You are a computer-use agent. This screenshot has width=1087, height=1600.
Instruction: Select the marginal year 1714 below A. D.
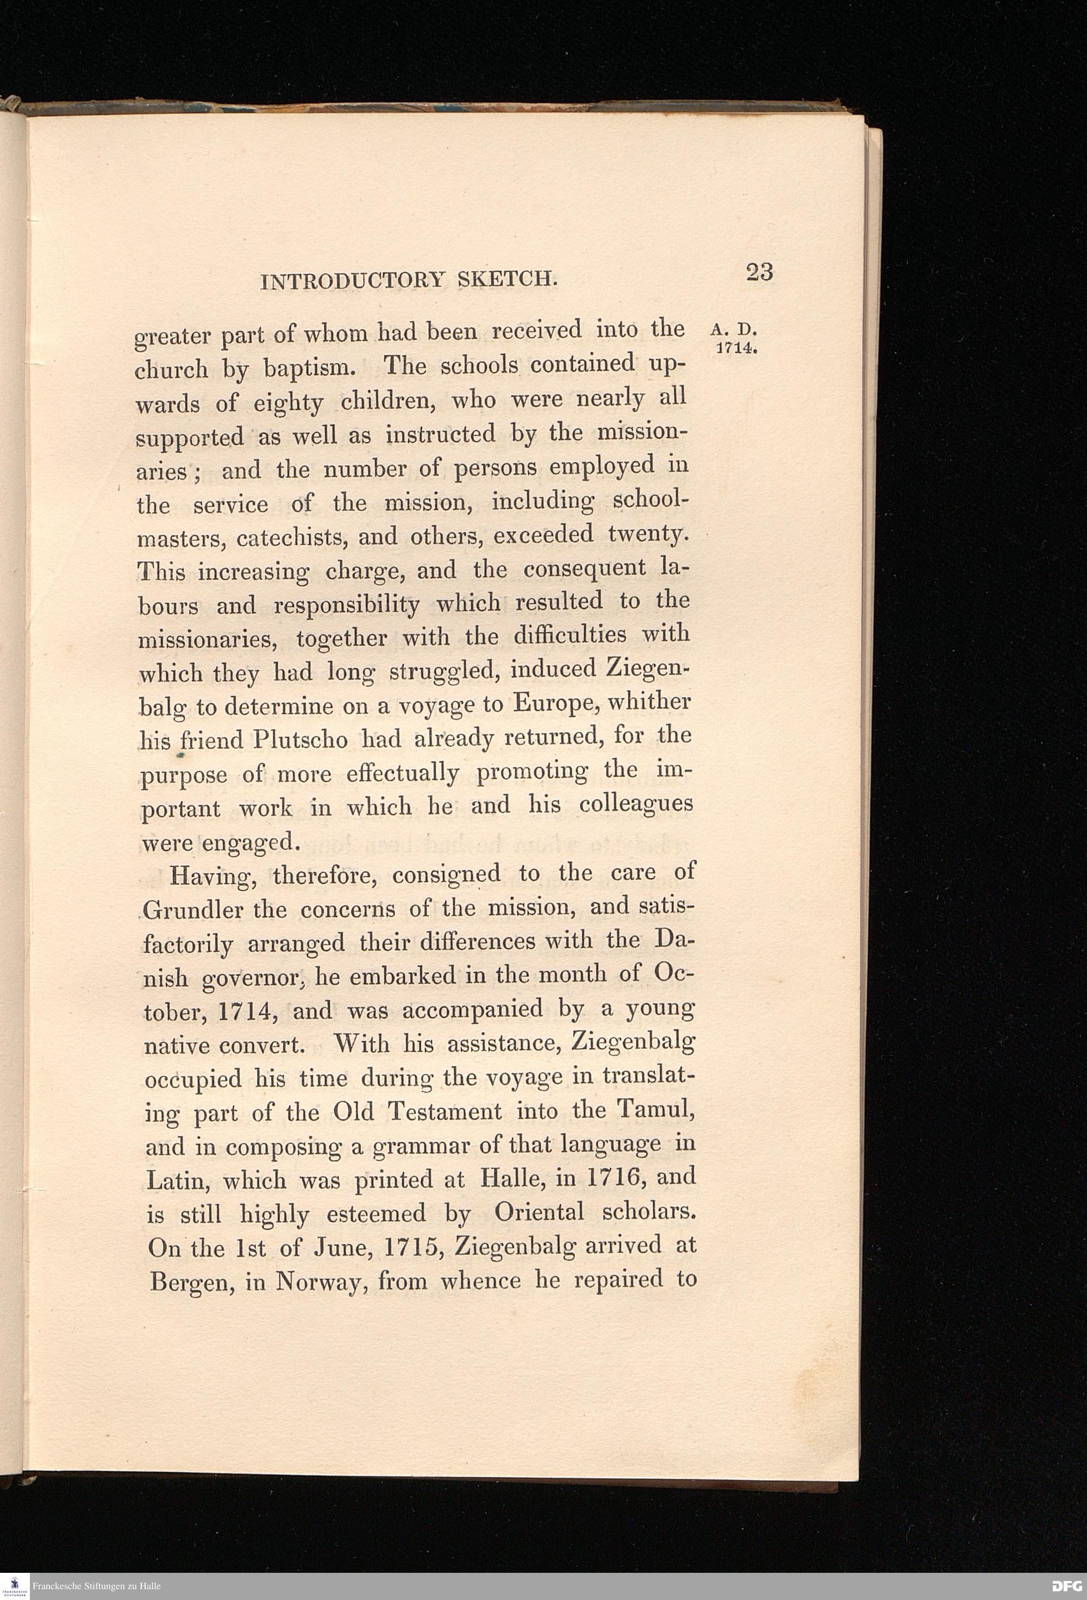(736, 348)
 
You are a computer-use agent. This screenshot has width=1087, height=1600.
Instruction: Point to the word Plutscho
(302, 740)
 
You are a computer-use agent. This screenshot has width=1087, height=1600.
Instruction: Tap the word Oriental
(539, 1212)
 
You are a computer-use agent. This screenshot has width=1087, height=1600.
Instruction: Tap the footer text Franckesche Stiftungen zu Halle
(96, 1586)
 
